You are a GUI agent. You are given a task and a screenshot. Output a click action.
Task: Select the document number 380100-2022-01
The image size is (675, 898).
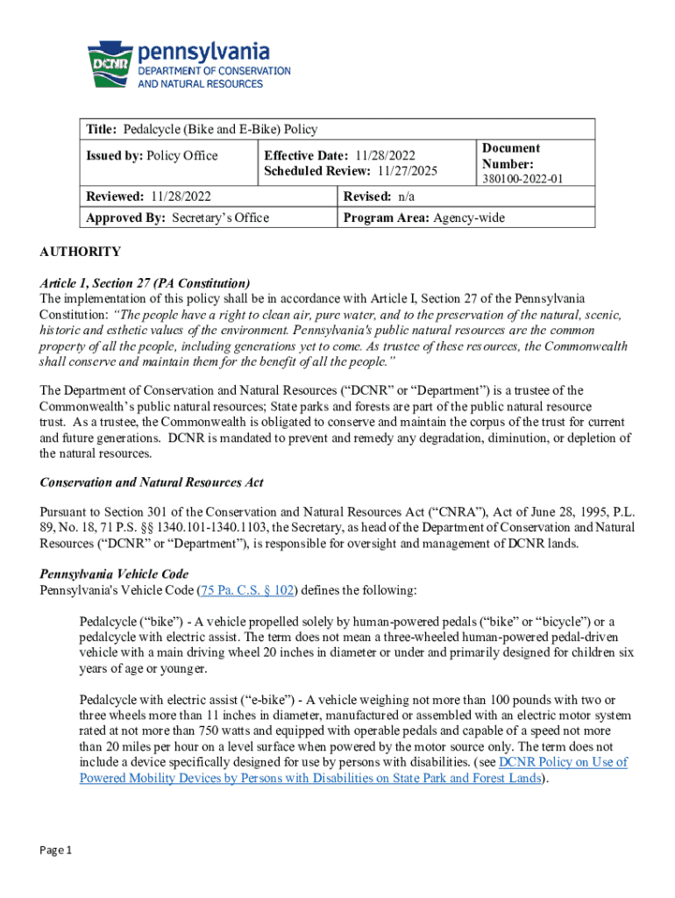click(x=522, y=179)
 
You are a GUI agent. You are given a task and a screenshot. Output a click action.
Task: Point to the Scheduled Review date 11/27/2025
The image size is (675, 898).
click(x=407, y=172)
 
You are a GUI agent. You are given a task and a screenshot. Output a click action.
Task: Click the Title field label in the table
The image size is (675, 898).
click(x=102, y=130)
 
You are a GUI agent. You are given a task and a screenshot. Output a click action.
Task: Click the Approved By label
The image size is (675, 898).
click(x=125, y=217)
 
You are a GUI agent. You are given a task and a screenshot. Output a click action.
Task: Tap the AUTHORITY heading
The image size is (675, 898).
click(x=81, y=253)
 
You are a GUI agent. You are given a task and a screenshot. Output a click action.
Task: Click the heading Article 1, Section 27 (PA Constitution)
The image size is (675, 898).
click(x=146, y=283)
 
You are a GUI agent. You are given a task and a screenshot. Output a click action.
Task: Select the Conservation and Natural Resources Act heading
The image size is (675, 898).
click(x=152, y=482)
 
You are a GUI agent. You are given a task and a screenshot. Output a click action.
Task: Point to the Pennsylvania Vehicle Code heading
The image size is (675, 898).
click(x=114, y=574)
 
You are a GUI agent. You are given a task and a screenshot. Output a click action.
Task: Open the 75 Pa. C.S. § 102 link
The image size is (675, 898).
click(x=246, y=590)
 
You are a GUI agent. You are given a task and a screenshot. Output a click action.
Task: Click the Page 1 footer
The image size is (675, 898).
click(x=55, y=851)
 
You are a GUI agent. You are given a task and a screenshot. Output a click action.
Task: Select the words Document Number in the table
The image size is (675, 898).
click(x=510, y=156)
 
